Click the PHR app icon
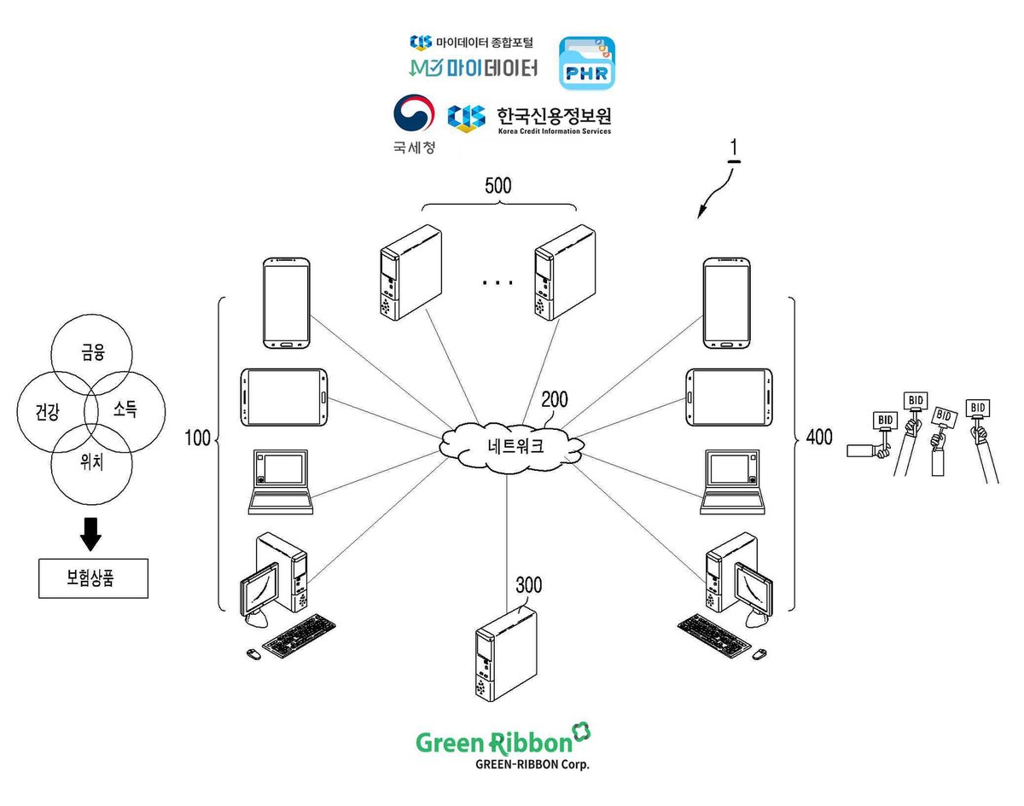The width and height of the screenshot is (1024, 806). pyautogui.click(x=587, y=63)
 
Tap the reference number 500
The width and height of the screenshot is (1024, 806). pyautogui.click(x=498, y=186)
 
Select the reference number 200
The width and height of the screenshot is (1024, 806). pyautogui.click(x=555, y=400)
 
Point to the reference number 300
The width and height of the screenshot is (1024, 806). pyautogui.click(x=529, y=585)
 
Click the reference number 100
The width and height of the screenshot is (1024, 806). pyautogui.click(x=197, y=438)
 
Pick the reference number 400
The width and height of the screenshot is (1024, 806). pyautogui.click(x=819, y=437)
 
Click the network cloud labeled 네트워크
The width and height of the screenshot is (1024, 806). pyautogui.click(x=511, y=446)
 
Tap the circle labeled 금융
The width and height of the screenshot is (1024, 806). pyautogui.click(x=92, y=315)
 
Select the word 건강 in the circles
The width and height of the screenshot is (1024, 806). pyautogui.click(x=48, y=412)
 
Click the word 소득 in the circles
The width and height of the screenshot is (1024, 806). pyautogui.click(x=125, y=409)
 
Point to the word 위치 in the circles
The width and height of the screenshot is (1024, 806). pyautogui.click(x=92, y=461)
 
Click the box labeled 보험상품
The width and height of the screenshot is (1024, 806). pyautogui.click(x=93, y=578)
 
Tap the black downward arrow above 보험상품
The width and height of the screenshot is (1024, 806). pyautogui.click(x=90, y=534)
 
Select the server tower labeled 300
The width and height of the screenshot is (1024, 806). pyautogui.click(x=506, y=655)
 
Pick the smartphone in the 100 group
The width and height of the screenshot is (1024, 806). pyautogui.click(x=287, y=303)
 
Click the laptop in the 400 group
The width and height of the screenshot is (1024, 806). pyautogui.click(x=732, y=482)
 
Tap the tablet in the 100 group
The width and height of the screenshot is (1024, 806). pyautogui.click(x=284, y=397)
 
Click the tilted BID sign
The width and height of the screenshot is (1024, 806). pyautogui.click(x=944, y=416)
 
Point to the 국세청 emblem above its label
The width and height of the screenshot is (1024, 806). pyautogui.click(x=414, y=113)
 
